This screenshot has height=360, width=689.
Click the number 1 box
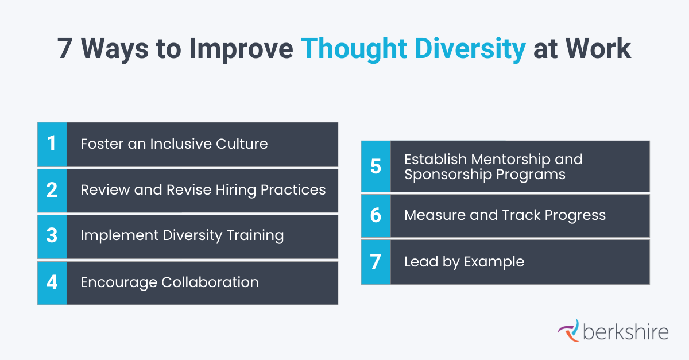pyautogui.click(x=52, y=144)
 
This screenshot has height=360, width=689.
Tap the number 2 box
pyautogui.click(x=52, y=190)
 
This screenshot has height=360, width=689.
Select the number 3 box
pyautogui.click(x=52, y=236)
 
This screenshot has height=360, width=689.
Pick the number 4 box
pyautogui.click(x=52, y=282)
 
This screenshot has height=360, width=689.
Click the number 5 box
pyautogui.click(x=376, y=166)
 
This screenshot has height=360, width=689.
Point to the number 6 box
pyautogui.click(x=376, y=215)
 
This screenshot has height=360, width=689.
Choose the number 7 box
pyautogui.click(x=376, y=262)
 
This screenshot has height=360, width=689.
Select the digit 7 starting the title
pyautogui.click(x=66, y=49)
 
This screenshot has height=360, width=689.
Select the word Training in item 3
pyautogui.click(x=255, y=236)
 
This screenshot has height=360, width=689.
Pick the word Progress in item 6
pyautogui.click(x=575, y=215)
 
